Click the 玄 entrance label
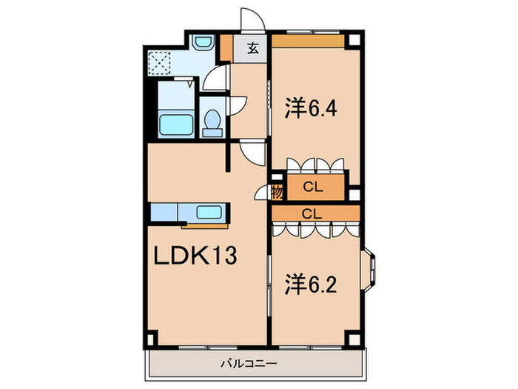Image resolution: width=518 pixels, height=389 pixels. (x=253, y=50)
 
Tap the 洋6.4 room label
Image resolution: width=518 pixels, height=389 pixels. (x=311, y=109)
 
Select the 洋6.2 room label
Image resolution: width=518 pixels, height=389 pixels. (x=311, y=284)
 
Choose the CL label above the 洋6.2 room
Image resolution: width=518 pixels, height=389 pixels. (x=312, y=213)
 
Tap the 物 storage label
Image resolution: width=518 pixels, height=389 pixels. (x=277, y=193)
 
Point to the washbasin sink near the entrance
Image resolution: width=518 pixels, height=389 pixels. (x=201, y=43)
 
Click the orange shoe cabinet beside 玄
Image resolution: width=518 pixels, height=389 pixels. (x=226, y=48)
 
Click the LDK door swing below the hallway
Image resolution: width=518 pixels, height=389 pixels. (x=254, y=153)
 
